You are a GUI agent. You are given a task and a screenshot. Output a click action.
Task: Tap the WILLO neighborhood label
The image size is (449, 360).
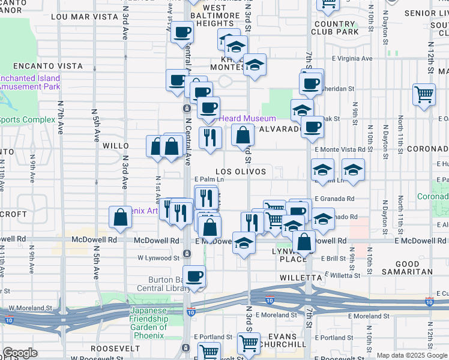pos(115,146)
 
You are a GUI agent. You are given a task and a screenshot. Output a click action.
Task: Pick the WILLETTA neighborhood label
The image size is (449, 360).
pos(301,278)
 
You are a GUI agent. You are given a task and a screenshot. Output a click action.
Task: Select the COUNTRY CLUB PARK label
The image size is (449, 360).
pos(334,28)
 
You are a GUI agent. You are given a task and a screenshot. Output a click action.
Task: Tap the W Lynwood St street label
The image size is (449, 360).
pos(158,258)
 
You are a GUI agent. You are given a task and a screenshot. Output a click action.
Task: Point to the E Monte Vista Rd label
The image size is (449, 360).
pos(340,149)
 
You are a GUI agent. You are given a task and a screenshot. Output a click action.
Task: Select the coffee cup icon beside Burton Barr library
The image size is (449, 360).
pos(194,277)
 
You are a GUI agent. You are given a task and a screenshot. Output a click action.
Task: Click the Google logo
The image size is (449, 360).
pos(20,353)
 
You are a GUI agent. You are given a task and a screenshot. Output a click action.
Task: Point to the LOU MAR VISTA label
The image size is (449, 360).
pos(84,17)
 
